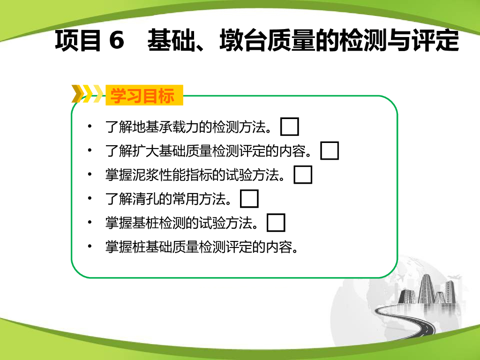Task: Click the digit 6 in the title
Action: tap(117, 40)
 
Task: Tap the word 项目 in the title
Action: tap(78, 40)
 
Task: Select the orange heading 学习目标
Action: tap(142, 96)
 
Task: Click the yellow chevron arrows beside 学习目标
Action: tap(87, 94)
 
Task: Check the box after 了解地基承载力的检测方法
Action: tap(290, 127)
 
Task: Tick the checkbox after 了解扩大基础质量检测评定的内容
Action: tap(330, 150)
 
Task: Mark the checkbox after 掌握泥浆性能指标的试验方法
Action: tap(303, 174)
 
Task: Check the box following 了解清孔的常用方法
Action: tap(249, 199)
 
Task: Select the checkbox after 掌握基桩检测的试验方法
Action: tap(276, 223)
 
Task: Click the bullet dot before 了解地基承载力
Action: tap(90, 126)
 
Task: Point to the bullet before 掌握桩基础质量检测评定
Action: tap(90, 246)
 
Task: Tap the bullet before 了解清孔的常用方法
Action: tap(90, 198)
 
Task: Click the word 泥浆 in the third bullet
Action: tap(145, 175)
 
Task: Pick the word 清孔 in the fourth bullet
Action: tap(145, 199)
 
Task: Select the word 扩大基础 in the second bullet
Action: tap(159, 151)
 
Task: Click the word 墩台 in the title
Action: tap(243, 40)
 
